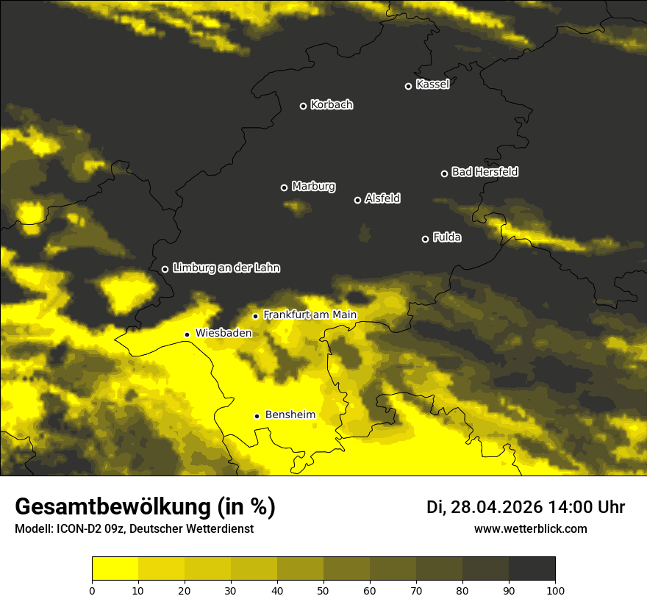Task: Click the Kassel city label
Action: coord(432,85)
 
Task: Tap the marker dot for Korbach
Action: coord(303,106)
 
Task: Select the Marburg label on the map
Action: coord(313,187)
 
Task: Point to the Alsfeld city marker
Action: coord(358,200)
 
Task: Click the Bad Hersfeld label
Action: coord(485,172)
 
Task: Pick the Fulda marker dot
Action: coord(425,239)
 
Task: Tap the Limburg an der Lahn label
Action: coord(226,268)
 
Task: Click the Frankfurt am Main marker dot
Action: coord(256,316)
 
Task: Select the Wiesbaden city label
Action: coord(224,333)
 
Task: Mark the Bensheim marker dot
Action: coord(257,416)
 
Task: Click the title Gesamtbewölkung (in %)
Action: coord(145,507)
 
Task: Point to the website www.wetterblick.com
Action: coord(531,529)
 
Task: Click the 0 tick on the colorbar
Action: coord(92,590)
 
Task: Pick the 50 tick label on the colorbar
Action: coord(323,590)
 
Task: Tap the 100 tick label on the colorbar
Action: coord(555,590)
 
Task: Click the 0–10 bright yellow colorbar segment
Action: coord(115,569)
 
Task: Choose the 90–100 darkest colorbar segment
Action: coord(532,569)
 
